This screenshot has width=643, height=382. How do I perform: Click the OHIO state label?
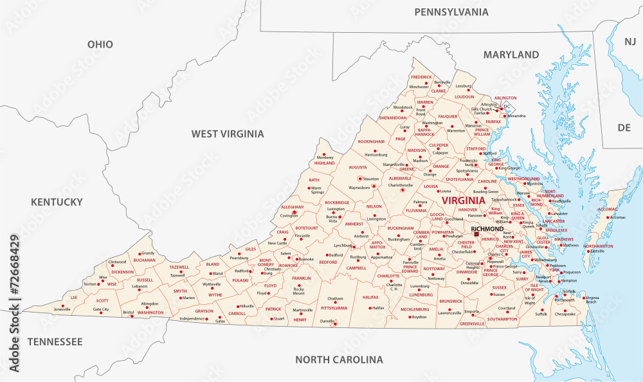[100, 44]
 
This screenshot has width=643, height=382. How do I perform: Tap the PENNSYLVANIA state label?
[451, 12]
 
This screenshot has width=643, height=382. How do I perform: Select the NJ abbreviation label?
[629, 41]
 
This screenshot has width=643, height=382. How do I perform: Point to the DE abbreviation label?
[624, 127]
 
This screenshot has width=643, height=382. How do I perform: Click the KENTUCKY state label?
[57, 202]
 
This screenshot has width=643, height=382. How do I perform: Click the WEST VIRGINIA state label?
[228, 134]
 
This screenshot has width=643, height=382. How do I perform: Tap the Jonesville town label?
[62, 309]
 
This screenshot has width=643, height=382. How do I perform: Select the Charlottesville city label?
[403, 185]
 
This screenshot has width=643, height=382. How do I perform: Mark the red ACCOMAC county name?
[608, 210]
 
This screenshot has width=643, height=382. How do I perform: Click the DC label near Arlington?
[507, 106]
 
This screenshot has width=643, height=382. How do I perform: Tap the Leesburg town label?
[464, 86]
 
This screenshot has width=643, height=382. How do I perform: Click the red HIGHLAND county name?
[324, 163]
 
